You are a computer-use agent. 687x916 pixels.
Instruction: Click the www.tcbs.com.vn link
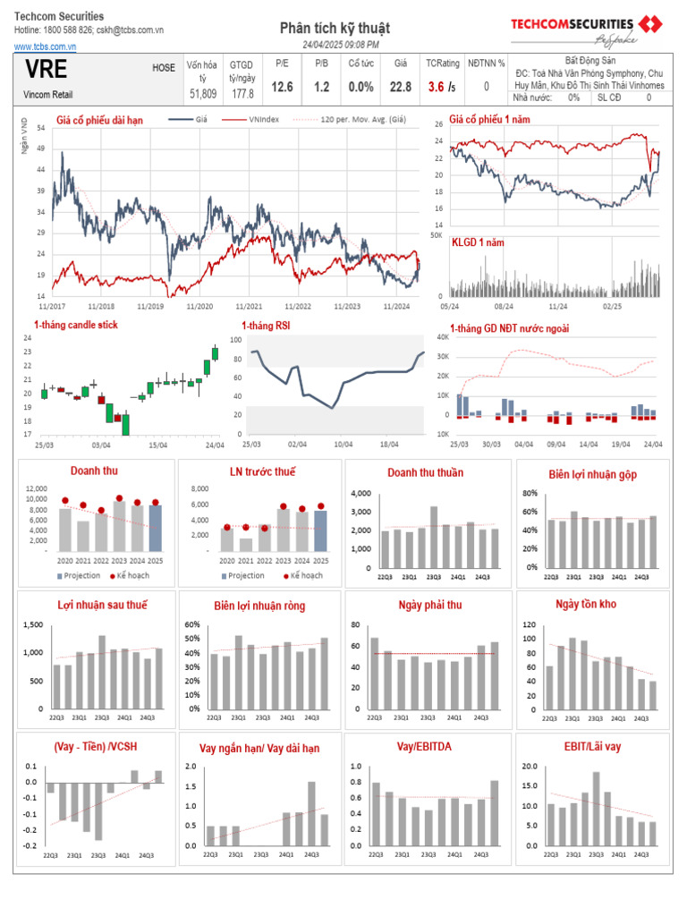coord(44,45)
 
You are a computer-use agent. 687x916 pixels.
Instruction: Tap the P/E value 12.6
coord(283,87)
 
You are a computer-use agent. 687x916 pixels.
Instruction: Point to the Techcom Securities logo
coord(585,29)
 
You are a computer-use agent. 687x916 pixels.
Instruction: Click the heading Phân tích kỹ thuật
coord(335,29)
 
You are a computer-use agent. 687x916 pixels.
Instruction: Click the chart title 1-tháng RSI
coord(266,326)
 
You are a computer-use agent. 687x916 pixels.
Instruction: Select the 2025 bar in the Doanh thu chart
coord(156,528)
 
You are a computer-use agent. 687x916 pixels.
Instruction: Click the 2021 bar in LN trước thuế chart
coord(245,544)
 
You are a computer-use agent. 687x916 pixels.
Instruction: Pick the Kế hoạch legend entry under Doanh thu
coord(131,575)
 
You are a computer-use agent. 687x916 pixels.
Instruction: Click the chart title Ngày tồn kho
coord(586,605)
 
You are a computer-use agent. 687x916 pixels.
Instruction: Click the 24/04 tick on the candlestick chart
coord(215,445)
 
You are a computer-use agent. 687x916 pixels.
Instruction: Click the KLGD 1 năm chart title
coord(478,242)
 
